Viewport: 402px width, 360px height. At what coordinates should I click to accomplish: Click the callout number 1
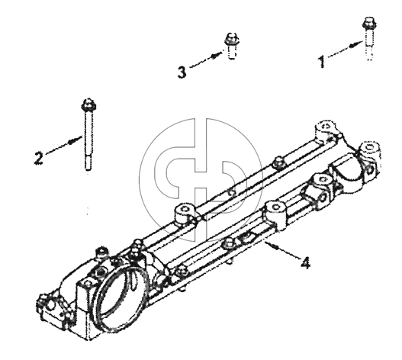pyautogui.click(x=321, y=62)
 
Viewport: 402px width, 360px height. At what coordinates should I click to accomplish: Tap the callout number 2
pyautogui.click(x=39, y=158)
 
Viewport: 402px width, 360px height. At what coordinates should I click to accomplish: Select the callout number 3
pyautogui.click(x=182, y=72)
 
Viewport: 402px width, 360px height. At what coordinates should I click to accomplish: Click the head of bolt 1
pyautogui.click(x=369, y=23)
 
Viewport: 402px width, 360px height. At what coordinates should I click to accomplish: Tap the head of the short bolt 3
pyautogui.click(x=231, y=39)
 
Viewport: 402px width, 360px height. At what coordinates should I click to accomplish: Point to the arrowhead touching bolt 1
pyautogui.click(x=355, y=45)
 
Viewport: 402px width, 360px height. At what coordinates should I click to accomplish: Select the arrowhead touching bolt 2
pyautogui.click(x=72, y=140)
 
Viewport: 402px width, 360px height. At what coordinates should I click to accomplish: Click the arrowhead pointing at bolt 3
pyautogui.click(x=216, y=55)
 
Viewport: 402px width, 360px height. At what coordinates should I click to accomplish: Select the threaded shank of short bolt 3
pyautogui.click(x=232, y=52)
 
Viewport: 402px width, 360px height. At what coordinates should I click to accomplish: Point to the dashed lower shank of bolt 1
pyautogui.click(x=369, y=53)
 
